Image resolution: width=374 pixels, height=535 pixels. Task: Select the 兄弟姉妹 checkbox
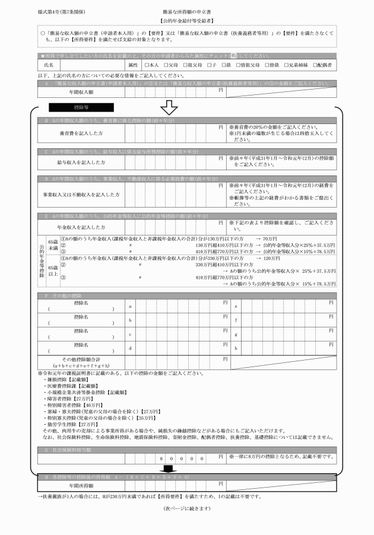coord(285,64)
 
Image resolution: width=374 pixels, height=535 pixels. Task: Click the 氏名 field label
coord(49,64)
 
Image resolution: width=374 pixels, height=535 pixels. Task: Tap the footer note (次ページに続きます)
coord(186,509)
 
